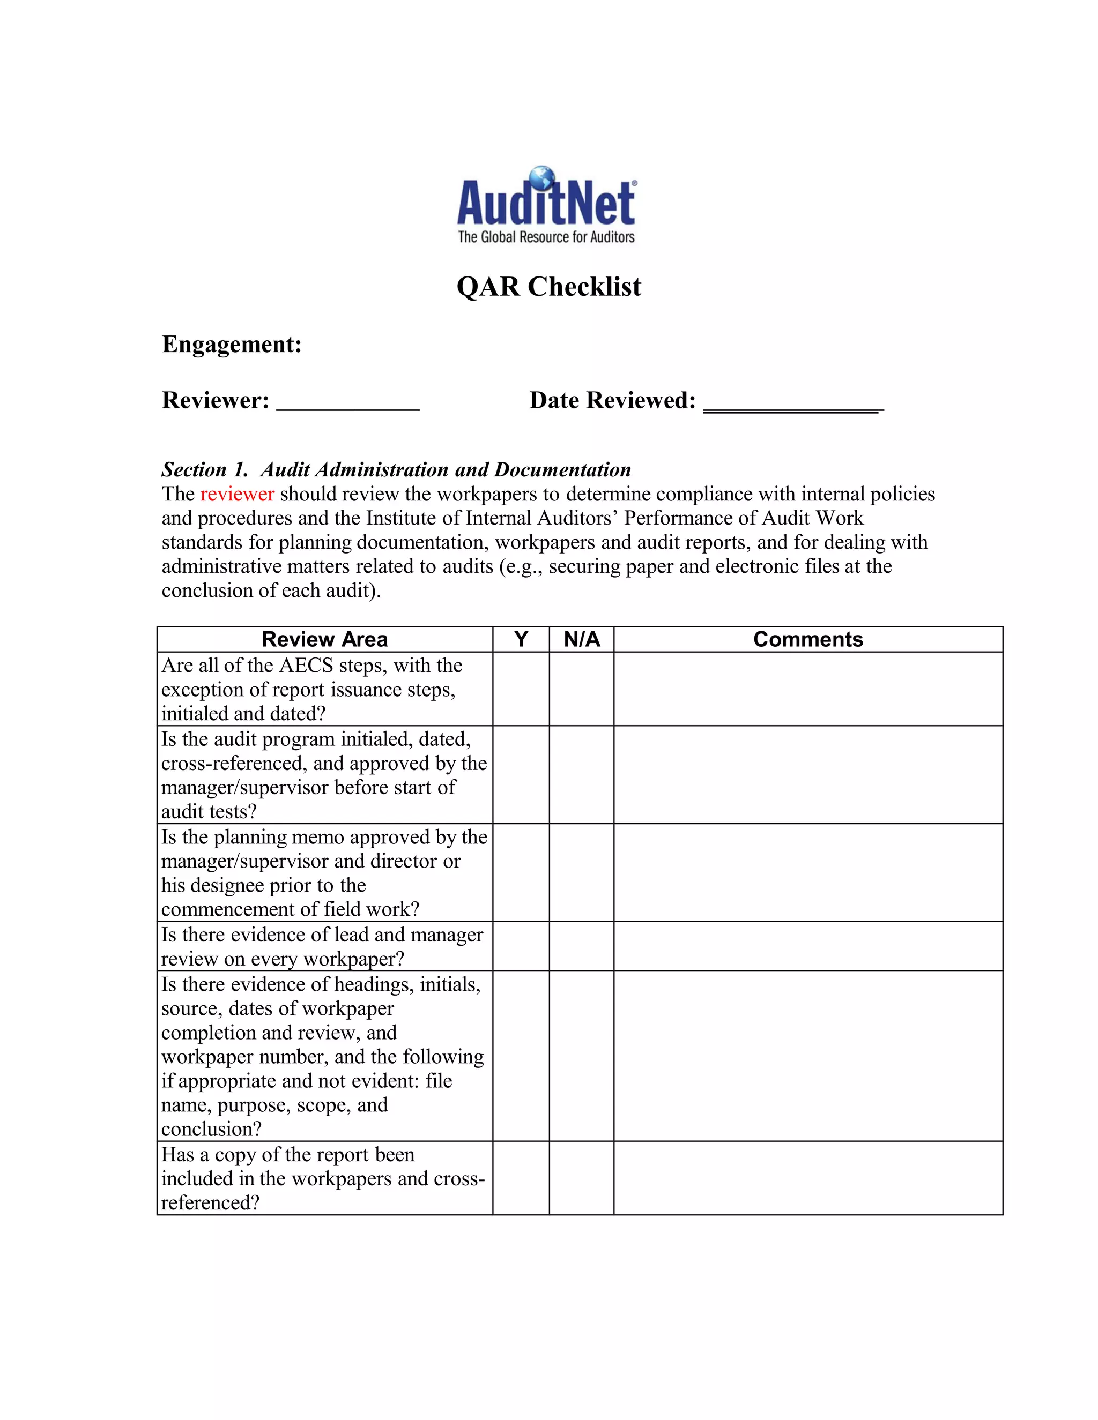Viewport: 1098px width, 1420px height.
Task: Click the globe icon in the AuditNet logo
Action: pyautogui.click(x=542, y=178)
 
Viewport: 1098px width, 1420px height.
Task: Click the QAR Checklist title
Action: pyautogui.click(x=548, y=287)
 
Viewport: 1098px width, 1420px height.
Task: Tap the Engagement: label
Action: pyautogui.click(x=232, y=344)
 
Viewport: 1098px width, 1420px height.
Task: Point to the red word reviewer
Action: pyautogui.click(x=237, y=494)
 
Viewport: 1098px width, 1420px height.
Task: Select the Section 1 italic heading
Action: pyautogui.click(x=396, y=469)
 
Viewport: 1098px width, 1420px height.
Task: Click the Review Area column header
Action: pyautogui.click(x=324, y=639)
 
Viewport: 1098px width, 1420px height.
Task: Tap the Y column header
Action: pyautogui.click(x=521, y=639)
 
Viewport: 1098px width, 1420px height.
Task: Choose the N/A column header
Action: pyautogui.click(x=582, y=639)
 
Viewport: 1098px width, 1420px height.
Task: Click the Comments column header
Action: pyautogui.click(x=808, y=639)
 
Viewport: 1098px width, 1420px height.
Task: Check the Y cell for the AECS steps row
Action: pyautogui.click(x=521, y=689)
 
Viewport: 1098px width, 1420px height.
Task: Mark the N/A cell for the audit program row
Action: pyautogui.click(x=582, y=774)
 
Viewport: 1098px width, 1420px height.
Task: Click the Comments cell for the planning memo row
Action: pyautogui.click(x=808, y=872)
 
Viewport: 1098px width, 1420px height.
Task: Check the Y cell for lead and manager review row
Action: pyautogui.click(x=521, y=946)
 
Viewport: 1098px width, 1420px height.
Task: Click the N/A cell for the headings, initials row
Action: pyautogui.click(x=582, y=1056)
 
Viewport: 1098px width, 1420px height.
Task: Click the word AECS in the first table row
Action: pyautogui.click(x=306, y=666)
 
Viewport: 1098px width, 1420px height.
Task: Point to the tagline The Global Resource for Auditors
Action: pyautogui.click(x=546, y=237)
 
